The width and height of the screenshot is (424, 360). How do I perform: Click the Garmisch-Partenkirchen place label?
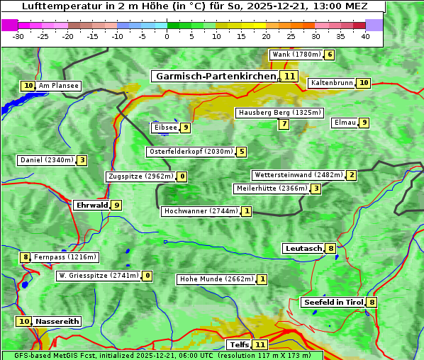tap(216, 76)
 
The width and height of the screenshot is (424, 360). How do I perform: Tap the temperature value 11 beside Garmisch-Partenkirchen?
tap(289, 76)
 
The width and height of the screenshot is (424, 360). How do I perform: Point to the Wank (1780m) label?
tap(296, 55)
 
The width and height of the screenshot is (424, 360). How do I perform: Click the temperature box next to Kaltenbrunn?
tap(363, 83)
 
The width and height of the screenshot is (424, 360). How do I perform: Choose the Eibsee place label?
tap(164, 128)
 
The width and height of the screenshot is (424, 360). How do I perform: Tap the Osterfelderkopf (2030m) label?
tap(190, 152)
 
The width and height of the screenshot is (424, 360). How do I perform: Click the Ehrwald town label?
tap(91, 205)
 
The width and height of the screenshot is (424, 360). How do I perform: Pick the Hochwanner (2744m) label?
tap(201, 211)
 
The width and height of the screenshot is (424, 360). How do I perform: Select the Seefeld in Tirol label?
tap(333, 303)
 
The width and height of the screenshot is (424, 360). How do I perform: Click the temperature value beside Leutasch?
tap(330, 248)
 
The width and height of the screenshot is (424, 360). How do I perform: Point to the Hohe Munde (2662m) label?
tap(216, 279)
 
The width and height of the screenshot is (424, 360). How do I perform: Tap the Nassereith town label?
tap(57, 321)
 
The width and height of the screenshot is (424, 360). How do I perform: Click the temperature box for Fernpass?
tap(25, 257)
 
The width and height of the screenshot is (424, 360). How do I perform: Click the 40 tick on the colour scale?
tap(365, 36)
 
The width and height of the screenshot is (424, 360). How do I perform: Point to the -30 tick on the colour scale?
tap(18, 36)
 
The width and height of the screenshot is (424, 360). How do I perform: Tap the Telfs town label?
tap(239, 345)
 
